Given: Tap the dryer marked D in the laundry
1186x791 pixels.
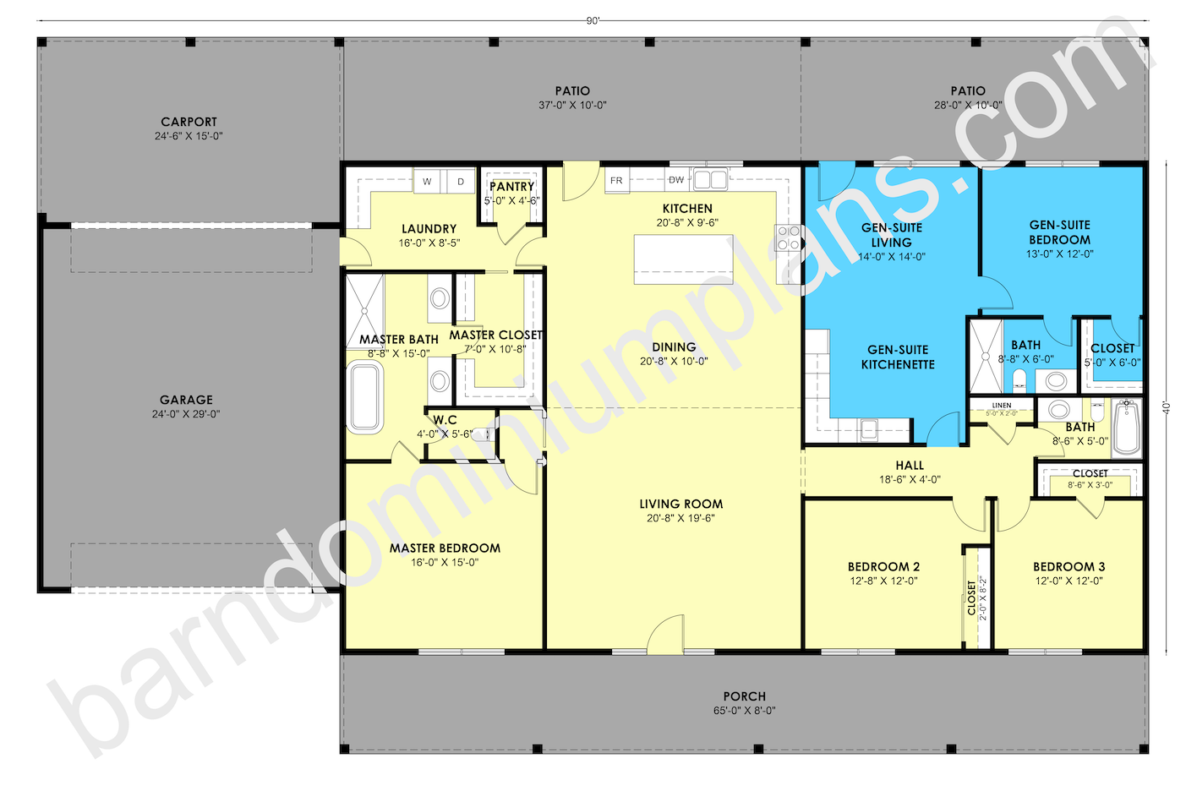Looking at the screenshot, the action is [461, 182].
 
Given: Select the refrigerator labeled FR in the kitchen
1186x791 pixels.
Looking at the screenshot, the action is [617, 181].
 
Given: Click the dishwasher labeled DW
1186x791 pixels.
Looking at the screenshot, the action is [676, 180].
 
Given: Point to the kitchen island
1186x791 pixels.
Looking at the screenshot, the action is [684, 259].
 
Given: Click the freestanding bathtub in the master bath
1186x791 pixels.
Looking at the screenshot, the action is [364, 397].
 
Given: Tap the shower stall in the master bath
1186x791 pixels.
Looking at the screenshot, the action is [365, 311].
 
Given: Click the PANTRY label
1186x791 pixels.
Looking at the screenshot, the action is [512, 187].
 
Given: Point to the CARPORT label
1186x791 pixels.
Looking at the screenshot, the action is [189, 122].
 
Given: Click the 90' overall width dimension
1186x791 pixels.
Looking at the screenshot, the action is [593, 20].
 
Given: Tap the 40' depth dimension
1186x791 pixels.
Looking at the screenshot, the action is [1166, 407].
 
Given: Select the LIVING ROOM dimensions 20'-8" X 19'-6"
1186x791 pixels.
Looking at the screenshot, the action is [680, 518].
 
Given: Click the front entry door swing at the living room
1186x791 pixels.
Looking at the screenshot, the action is [665, 633].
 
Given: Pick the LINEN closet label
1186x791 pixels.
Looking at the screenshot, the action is [1002, 406].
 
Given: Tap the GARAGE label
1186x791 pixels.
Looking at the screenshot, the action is [186, 400].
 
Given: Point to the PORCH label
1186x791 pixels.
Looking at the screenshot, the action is [745, 696].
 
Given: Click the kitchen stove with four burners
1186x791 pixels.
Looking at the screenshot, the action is [789, 237].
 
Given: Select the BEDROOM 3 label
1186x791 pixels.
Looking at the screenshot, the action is [1069, 566].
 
